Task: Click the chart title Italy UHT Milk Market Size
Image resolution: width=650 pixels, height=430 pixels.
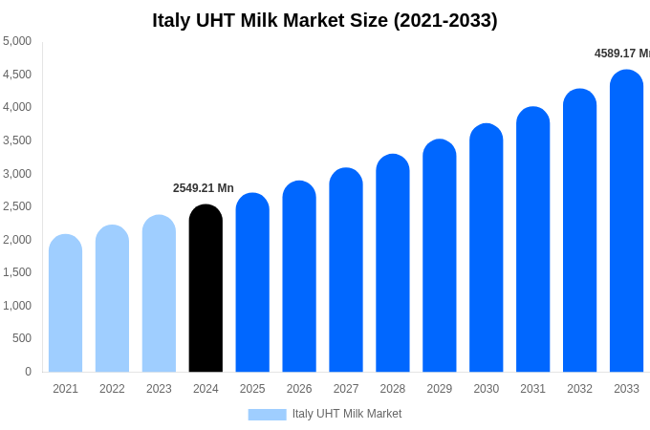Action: (325, 20)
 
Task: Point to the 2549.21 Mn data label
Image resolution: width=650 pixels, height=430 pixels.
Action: (204, 188)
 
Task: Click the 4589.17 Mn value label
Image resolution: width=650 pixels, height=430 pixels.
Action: (621, 54)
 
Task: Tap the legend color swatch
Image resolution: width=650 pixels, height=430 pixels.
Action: (267, 414)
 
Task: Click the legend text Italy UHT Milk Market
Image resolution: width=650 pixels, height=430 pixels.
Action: (347, 414)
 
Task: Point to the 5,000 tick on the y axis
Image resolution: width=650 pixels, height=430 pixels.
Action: (17, 41)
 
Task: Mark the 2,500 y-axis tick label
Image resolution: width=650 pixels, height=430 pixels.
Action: (17, 206)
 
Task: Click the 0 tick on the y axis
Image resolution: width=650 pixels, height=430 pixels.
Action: (28, 372)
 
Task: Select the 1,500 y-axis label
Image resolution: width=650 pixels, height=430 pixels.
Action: (17, 272)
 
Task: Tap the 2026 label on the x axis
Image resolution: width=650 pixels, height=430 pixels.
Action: (299, 389)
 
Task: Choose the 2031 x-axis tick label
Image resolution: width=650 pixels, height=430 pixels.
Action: (532, 389)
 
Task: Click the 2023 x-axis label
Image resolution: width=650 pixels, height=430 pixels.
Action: (159, 389)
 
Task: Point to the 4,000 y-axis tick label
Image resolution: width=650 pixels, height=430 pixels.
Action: (17, 107)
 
